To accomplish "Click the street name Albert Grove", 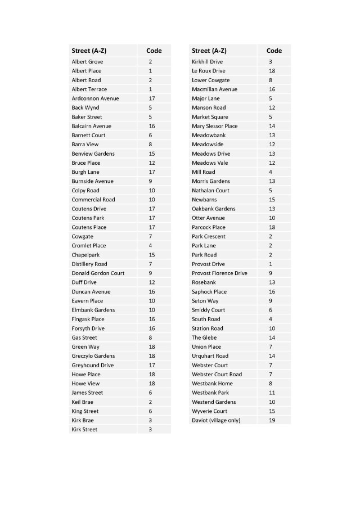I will pyautogui.click(x=87, y=61).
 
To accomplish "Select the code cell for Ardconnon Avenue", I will pyautogui.click(x=151, y=98).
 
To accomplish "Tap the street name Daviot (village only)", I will pyautogui.click(x=215, y=420).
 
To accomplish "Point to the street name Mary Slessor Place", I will pyautogui.click(x=214, y=126).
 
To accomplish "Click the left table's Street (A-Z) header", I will pyautogui.click(x=89, y=51).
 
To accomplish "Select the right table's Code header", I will pyautogui.click(x=274, y=51).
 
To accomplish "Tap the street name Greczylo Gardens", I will pyautogui.click(x=93, y=356).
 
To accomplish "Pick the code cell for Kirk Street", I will pyautogui.click(x=151, y=430).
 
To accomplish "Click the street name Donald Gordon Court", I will pyautogui.click(x=98, y=273).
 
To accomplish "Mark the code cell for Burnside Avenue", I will pyautogui.click(x=151, y=181).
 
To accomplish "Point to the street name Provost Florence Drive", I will pyautogui.click(x=219, y=273).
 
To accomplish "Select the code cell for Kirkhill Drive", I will pyautogui.click(x=271, y=61).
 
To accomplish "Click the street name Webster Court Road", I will pyautogui.click(x=217, y=375).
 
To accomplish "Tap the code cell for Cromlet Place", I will pyautogui.click(x=151, y=246).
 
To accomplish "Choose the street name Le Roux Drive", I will pyautogui.click(x=208, y=71).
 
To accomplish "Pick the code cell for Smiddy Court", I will pyautogui.click(x=271, y=310).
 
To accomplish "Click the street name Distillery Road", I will pyautogui.click(x=89, y=264).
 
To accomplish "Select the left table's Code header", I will pyautogui.click(x=154, y=51).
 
